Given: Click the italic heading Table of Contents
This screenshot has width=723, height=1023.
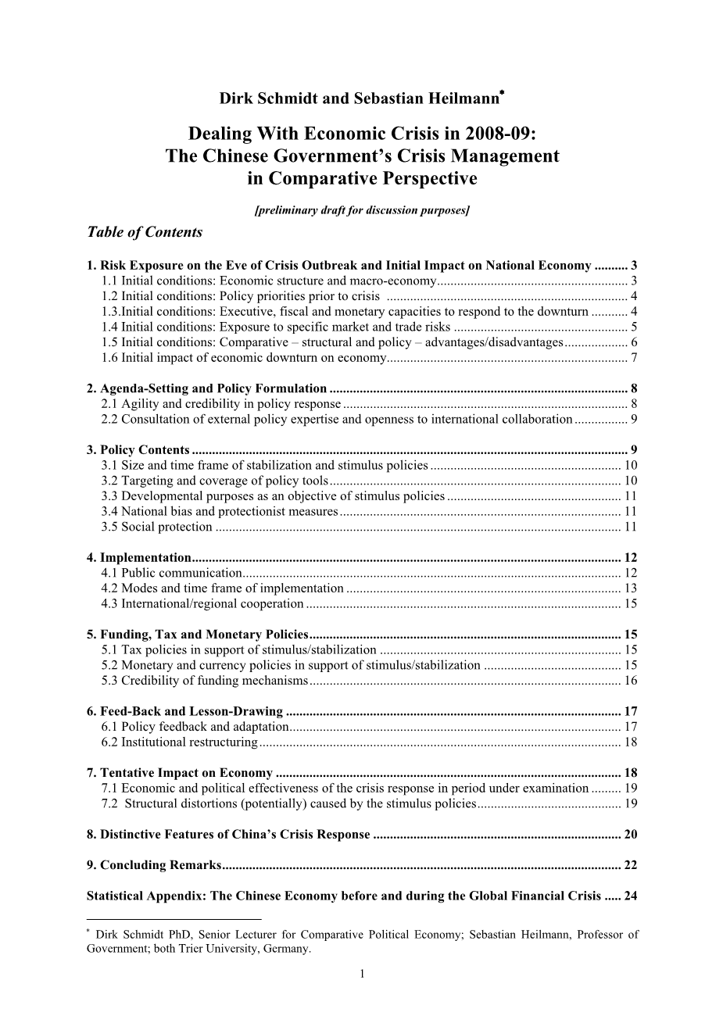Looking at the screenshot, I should click(145, 232).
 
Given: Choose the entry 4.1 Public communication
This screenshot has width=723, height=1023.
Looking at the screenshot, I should click(171, 573).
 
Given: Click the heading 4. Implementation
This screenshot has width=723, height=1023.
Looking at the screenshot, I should click(138, 557).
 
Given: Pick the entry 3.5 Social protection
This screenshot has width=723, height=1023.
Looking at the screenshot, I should click(156, 527).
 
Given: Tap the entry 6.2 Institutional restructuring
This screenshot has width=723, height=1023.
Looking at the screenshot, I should click(179, 742).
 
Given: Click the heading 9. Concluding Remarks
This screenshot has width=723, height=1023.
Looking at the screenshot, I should click(154, 864).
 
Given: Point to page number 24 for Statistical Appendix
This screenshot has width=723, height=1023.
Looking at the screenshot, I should click(630, 896).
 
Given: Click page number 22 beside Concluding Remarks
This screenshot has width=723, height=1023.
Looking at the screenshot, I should click(630, 864).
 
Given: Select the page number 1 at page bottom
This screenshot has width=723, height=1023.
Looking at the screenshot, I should click(362, 973).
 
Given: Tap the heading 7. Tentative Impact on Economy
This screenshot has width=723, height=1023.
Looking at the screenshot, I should click(180, 773).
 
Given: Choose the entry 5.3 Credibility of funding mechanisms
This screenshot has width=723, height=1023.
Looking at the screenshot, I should click(205, 681).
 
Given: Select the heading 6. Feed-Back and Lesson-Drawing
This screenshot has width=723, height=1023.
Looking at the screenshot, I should click(184, 711).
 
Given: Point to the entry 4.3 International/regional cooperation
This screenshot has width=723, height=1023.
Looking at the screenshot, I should click(202, 603).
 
